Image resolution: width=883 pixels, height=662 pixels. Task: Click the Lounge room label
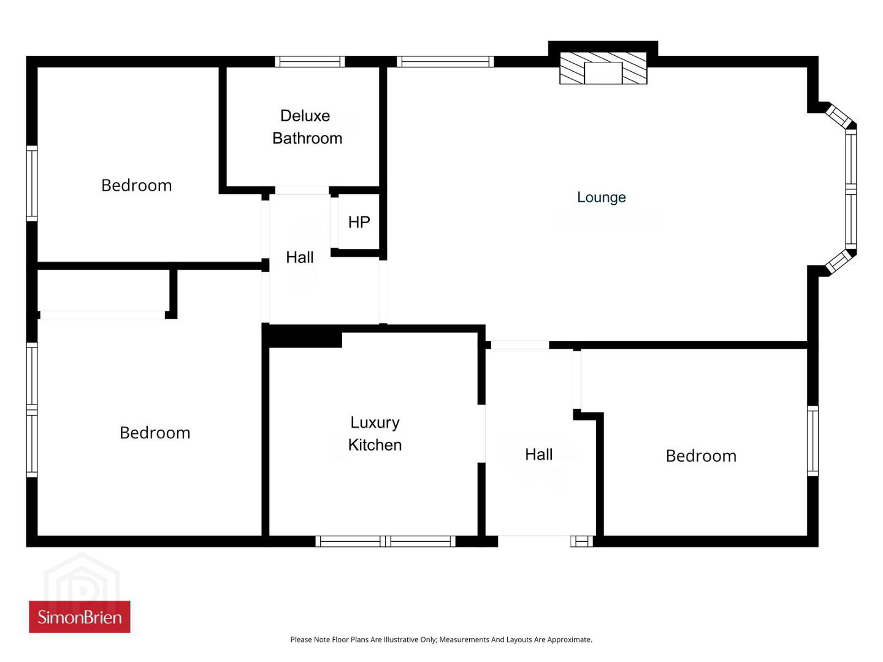(x=601, y=197)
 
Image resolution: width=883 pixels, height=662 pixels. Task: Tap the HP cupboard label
(x=359, y=222)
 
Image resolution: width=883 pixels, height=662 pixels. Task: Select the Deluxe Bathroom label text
(x=307, y=127)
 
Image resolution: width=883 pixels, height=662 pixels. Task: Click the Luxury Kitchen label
(x=375, y=433)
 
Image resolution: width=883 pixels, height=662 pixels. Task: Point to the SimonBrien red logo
(x=80, y=617)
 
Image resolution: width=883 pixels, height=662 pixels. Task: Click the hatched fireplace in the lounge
(x=603, y=68)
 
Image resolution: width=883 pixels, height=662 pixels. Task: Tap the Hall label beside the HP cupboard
(x=300, y=257)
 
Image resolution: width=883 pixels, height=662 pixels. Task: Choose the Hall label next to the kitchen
(x=538, y=455)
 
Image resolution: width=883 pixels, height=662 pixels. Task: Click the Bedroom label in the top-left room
(x=136, y=185)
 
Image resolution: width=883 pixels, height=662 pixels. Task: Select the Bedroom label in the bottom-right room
(x=701, y=456)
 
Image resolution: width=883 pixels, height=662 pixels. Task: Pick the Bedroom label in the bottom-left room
(x=155, y=433)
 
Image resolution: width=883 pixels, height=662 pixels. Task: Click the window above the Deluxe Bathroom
(x=310, y=61)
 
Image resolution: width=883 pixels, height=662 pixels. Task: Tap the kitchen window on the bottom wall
(x=385, y=541)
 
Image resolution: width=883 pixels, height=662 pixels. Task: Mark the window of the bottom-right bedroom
(x=812, y=441)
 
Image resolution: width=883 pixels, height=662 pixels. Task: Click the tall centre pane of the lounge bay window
(x=851, y=189)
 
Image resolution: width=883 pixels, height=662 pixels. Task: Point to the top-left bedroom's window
(x=32, y=183)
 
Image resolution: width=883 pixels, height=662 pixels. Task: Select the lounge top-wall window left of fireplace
(x=445, y=61)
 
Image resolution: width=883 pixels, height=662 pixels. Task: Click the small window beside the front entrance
(x=582, y=541)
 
